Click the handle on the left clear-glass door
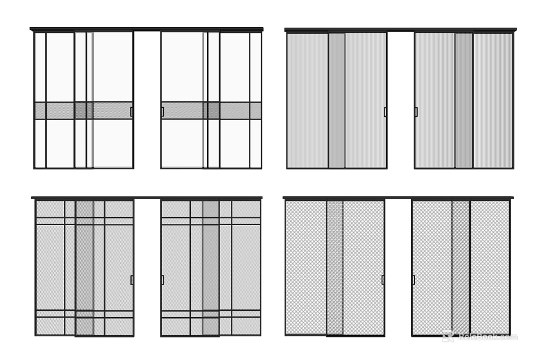click(x=132, y=112)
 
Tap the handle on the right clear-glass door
click(x=163, y=112)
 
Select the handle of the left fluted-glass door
click(x=385, y=112)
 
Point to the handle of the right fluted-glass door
click(x=416, y=112)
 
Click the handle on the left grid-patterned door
click(x=132, y=280)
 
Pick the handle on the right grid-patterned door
click(x=163, y=280)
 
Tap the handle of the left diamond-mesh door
click(x=383, y=280)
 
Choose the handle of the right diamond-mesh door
click(x=413, y=280)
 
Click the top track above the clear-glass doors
click(x=147, y=29)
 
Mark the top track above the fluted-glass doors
click(x=400, y=30)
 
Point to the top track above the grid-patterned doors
click(x=147, y=198)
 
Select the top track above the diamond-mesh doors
click(x=398, y=198)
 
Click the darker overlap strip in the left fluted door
click(x=337, y=100)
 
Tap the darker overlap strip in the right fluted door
click(x=464, y=100)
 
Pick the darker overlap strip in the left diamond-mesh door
click(x=335, y=267)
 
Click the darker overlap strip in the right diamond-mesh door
click(x=461, y=267)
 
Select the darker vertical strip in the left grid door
click(x=85, y=267)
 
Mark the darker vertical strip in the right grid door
click(x=211, y=267)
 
